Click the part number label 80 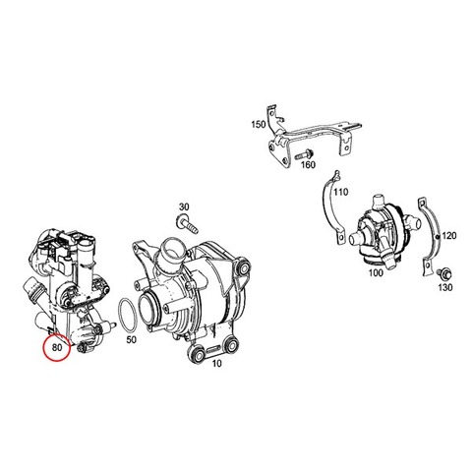pyautogui.click(x=57, y=347)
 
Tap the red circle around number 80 pyautogui.click(x=45, y=347)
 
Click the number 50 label pyautogui.click(x=131, y=339)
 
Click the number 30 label pyautogui.click(x=184, y=206)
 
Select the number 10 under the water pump pyautogui.click(x=216, y=363)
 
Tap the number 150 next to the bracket pyautogui.click(x=258, y=125)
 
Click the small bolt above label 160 pyautogui.click(x=304, y=154)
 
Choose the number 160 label pyautogui.click(x=308, y=164)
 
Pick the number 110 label pyautogui.click(x=340, y=192)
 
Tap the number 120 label pyautogui.click(x=449, y=235)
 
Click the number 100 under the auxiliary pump pyautogui.click(x=376, y=272)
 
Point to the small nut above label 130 pyautogui.click(x=443, y=272)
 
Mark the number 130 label pyautogui.click(x=445, y=287)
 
